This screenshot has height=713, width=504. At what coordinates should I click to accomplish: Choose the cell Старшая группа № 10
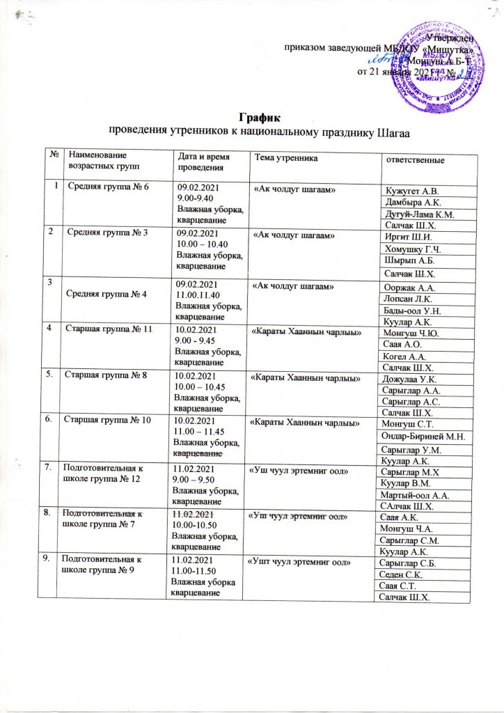(x=106, y=420)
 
